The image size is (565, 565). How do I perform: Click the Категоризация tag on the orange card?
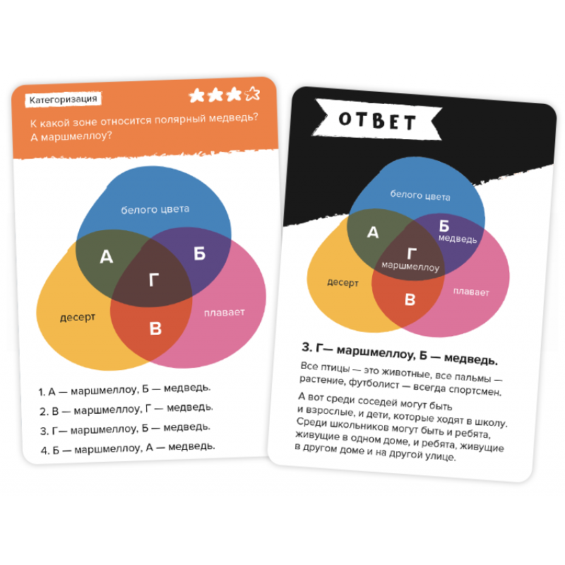coord(63,100)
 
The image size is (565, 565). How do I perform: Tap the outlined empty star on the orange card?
coord(252,94)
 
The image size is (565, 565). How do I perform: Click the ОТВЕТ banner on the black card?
coord(377,120)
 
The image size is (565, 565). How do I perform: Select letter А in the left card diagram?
coord(107,256)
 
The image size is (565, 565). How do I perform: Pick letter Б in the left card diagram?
coord(200,254)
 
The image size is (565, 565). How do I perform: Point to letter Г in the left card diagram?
coord(154,280)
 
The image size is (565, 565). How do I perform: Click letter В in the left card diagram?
coord(155,328)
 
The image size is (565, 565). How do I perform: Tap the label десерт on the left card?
coord(78,318)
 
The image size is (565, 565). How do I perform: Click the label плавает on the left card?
coord(225,312)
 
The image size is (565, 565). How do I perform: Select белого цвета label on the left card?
coord(155,209)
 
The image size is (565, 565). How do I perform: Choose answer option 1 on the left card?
coord(124,390)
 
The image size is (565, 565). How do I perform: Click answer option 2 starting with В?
coord(126,410)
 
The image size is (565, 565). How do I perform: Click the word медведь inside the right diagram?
coord(458,239)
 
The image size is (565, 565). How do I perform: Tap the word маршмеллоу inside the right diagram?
coord(410,266)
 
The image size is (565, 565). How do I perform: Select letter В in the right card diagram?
coord(410,299)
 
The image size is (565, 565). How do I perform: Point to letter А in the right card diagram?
coord(373,232)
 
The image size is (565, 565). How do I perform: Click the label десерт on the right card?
coord(343,283)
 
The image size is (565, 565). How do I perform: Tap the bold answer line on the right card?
coord(400,354)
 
